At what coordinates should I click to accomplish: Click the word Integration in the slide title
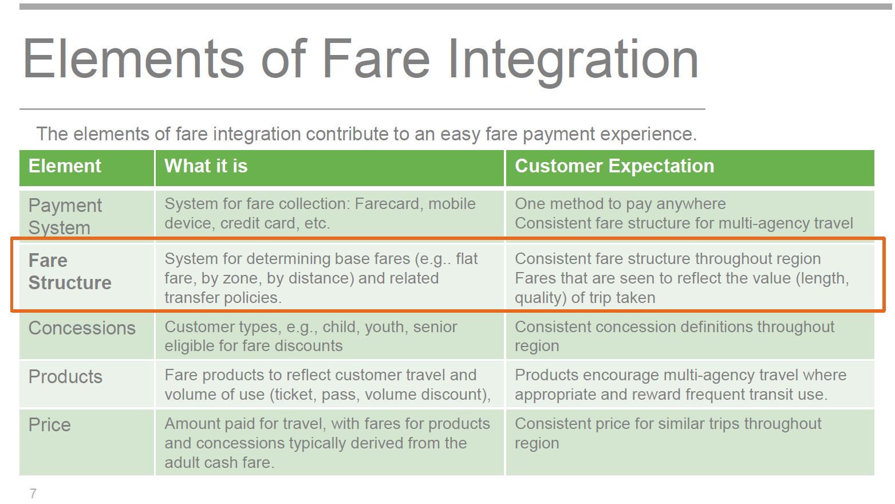click(x=573, y=60)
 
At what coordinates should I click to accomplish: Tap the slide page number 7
click(x=33, y=493)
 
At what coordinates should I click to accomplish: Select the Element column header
click(x=65, y=166)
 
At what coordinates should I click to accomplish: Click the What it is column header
click(x=206, y=166)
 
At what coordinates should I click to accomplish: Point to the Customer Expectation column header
click(x=614, y=166)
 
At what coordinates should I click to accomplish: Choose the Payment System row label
click(x=65, y=216)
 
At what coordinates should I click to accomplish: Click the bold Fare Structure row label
click(x=70, y=271)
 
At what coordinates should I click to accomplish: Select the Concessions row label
click(x=82, y=328)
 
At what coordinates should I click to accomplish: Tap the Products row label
click(x=65, y=376)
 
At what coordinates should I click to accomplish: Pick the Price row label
click(x=50, y=424)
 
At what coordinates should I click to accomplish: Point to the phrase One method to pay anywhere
click(x=620, y=204)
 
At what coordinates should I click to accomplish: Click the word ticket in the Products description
click(x=295, y=395)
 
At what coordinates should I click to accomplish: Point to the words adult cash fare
click(x=219, y=462)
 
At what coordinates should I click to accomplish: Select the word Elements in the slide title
click(x=133, y=59)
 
